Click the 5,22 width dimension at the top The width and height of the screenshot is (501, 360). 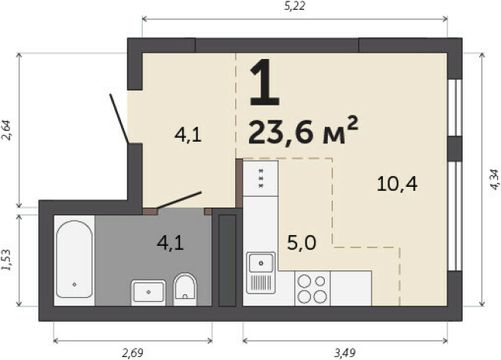(x=294, y=7)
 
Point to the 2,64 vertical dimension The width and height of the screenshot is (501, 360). (x=7, y=130)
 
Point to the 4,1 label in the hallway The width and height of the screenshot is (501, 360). (x=187, y=136)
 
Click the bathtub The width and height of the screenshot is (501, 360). (x=74, y=261)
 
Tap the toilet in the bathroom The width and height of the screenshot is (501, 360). (x=185, y=289)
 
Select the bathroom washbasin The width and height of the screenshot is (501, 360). (x=149, y=291)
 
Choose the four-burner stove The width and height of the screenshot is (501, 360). (x=312, y=288)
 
